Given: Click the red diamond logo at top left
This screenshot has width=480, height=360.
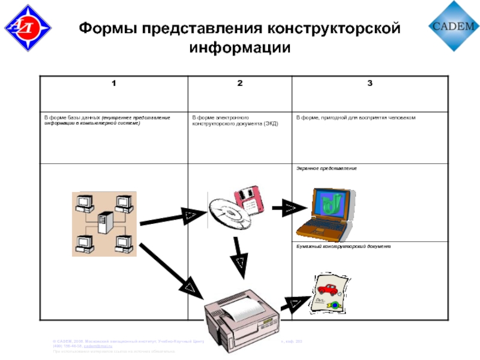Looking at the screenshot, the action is [x=28, y=28].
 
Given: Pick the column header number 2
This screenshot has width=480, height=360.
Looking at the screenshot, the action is [x=239, y=83].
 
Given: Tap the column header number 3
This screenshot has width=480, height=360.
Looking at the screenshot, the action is [x=370, y=83].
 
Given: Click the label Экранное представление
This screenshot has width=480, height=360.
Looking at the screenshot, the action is [x=326, y=169].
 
